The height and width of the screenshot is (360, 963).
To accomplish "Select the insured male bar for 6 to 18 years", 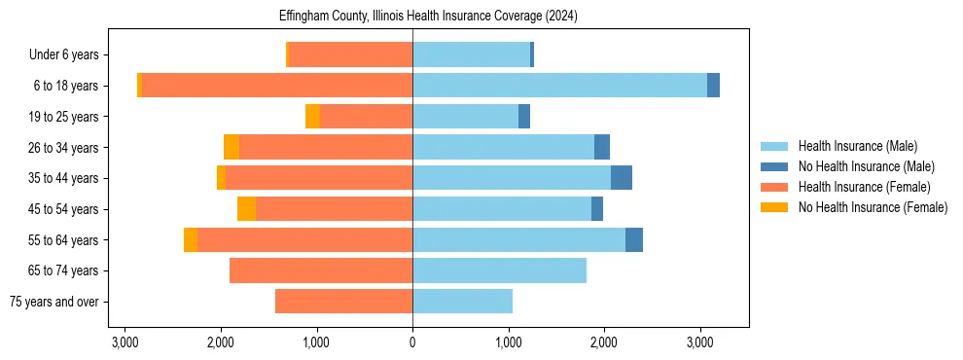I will coord(559,86).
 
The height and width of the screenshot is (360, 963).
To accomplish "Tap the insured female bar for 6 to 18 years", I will coord(277,86).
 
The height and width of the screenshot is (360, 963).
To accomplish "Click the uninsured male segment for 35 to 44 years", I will coord(622,178).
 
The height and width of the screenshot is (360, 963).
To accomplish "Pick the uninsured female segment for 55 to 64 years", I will coord(191,240).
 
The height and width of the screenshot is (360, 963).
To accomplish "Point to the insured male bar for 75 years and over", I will coord(462,302).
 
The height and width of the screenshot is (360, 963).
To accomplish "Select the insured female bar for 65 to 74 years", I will coord(321,270).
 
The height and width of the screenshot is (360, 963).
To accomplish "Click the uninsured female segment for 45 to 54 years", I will coord(247,209).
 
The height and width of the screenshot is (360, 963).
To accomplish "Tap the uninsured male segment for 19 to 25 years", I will coord(524,117).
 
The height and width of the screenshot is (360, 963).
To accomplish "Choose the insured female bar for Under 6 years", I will coord(351,54).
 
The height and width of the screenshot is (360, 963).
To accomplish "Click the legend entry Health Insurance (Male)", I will coord(857,146).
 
